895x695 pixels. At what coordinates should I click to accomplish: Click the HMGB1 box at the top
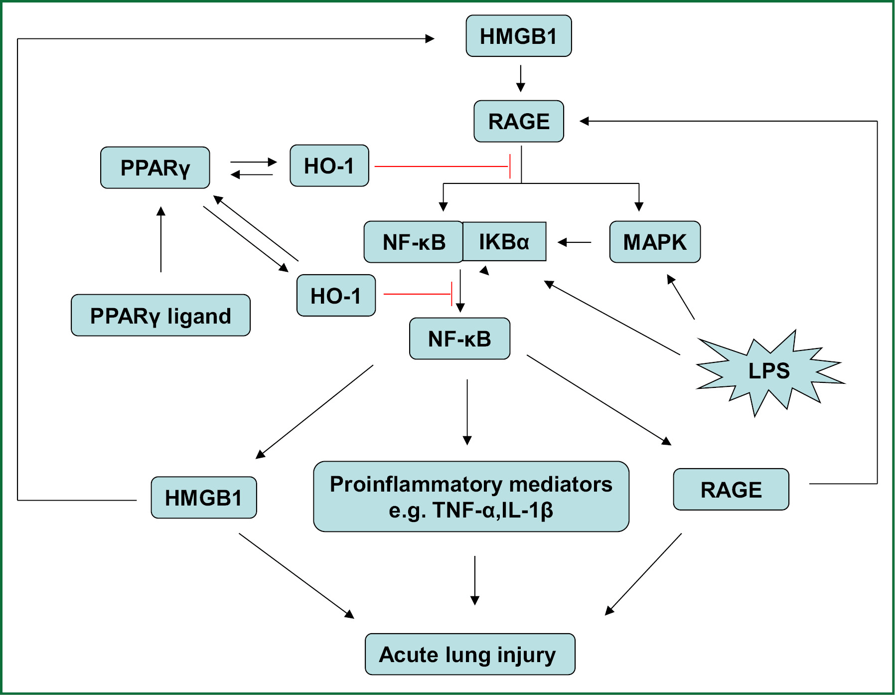click(518, 36)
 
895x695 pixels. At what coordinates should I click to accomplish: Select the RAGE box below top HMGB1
click(518, 122)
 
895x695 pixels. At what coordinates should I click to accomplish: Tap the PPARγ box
click(155, 168)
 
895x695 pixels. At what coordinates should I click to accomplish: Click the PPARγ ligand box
click(160, 316)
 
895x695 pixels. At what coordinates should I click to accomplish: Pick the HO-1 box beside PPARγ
click(329, 166)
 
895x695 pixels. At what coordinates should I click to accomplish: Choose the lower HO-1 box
click(336, 296)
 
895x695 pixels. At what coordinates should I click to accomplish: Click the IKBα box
click(504, 242)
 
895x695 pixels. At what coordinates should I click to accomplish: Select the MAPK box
click(655, 242)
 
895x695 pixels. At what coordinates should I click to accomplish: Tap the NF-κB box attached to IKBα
click(414, 242)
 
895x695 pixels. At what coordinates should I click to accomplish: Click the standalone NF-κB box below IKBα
click(459, 339)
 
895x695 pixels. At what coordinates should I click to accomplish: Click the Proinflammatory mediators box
click(471, 497)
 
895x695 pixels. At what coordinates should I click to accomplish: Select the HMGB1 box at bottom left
click(203, 498)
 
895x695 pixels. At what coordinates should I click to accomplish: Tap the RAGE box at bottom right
click(731, 490)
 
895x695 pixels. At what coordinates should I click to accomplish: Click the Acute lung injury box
click(469, 654)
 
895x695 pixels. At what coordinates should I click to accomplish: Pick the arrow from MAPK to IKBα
click(574, 242)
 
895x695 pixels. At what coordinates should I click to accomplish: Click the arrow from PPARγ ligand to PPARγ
click(161, 240)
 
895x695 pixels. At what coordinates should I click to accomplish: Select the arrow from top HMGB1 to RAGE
click(521, 78)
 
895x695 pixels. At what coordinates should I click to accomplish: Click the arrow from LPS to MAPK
click(681, 297)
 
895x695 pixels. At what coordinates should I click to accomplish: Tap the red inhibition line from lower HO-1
click(418, 294)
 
